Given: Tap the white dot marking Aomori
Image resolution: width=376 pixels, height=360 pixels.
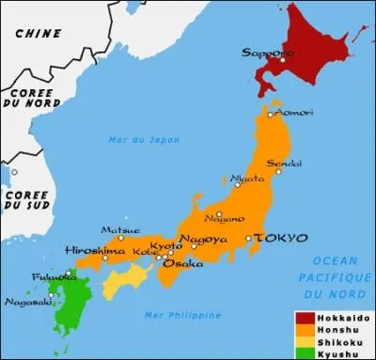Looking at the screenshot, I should click(270, 115).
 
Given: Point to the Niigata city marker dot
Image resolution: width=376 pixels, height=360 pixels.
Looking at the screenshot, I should click(238, 184).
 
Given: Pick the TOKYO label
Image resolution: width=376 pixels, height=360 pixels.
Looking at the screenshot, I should click(274, 239).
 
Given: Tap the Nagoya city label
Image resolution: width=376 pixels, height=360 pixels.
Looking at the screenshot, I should click(203, 239).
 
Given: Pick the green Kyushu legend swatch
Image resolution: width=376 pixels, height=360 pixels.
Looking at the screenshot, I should click(305, 352).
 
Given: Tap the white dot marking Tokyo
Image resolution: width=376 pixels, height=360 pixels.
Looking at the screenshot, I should click(248, 239).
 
